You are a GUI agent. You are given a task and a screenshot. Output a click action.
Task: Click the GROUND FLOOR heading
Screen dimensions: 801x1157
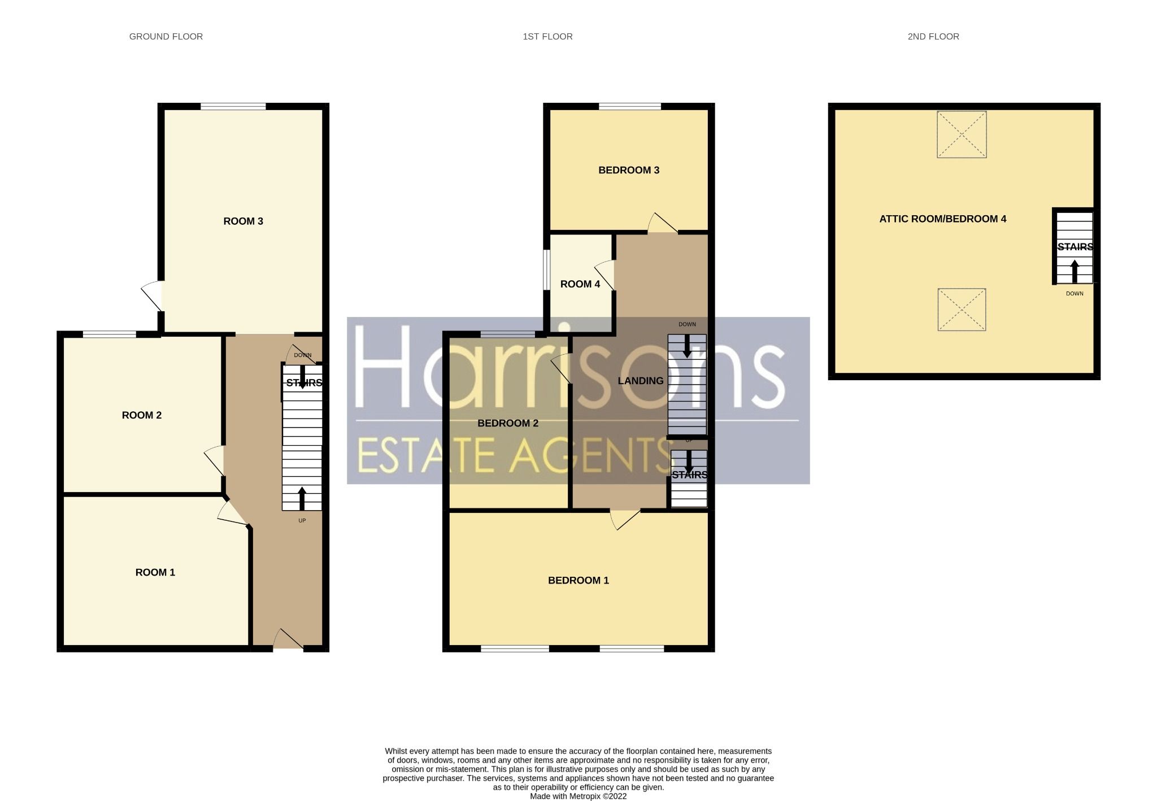tap(166, 37)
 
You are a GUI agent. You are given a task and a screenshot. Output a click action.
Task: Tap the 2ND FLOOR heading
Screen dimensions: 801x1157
tap(933, 37)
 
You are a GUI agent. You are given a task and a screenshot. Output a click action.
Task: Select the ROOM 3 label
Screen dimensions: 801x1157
tap(243, 221)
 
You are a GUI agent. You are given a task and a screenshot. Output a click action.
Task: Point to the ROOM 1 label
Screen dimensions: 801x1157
tap(155, 573)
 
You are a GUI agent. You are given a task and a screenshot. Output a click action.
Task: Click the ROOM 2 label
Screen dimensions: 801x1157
tap(141, 416)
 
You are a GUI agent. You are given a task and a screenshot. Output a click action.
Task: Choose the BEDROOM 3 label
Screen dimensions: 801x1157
tap(628, 171)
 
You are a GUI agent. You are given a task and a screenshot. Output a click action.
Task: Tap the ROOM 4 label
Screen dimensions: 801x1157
tap(580, 285)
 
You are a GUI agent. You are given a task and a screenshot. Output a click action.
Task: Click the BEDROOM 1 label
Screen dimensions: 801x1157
tap(578, 581)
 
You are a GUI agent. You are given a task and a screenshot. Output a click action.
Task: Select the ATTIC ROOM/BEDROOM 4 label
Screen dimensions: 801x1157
tap(942, 219)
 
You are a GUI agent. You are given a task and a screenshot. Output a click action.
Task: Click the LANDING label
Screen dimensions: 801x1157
tap(640, 381)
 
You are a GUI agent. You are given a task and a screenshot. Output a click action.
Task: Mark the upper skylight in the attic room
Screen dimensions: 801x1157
tap(961, 134)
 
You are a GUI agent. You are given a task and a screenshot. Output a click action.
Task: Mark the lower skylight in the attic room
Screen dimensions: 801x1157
tap(961, 310)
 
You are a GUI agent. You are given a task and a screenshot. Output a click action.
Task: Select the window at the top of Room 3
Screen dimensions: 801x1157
tap(233, 106)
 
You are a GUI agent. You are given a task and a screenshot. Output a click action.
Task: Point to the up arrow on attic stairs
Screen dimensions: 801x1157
tap(1074, 271)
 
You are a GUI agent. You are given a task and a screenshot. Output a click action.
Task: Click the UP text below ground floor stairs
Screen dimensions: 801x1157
tap(302, 521)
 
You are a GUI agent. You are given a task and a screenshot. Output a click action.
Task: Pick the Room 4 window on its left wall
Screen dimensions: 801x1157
tap(546, 270)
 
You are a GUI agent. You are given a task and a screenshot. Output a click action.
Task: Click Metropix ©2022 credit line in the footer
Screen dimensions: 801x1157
tap(578, 796)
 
